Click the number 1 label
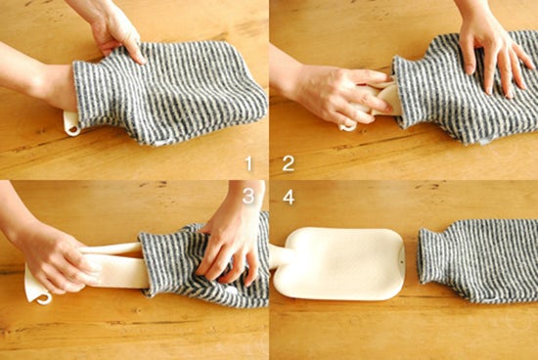[x=248, y=163]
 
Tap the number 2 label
[x=289, y=163]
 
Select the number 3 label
[x=248, y=196]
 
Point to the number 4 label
[x=289, y=198]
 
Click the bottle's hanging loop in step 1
[x=71, y=124]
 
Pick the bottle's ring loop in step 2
[x=348, y=127]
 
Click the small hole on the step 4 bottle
[x=402, y=263]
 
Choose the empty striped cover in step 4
[x=478, y=262]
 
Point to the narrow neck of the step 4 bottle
[x=281, y=256]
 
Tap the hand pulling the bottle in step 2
[x=338, y=94]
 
